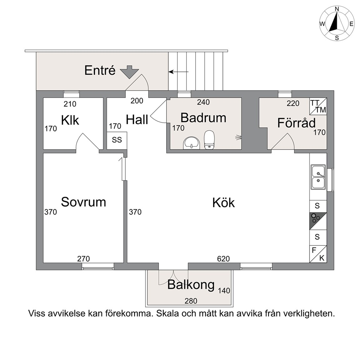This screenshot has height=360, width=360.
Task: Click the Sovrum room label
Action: point(83,202)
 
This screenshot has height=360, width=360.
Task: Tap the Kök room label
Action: point(224,202)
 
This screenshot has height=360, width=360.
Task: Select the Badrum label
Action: point(204,118)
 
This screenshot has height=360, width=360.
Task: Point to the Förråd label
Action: point(296,123)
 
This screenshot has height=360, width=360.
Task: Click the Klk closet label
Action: point(70,120)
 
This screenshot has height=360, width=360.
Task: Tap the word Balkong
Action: point(191,285)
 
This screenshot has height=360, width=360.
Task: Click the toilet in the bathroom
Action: point(209,140)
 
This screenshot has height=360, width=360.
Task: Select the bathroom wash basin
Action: point(191,143)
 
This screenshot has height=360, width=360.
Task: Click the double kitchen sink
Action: point(318,177)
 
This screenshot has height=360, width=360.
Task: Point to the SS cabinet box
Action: point(117,140)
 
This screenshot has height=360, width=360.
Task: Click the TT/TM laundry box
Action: point(318,106)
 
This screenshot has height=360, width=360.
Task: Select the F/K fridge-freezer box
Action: point(318,254)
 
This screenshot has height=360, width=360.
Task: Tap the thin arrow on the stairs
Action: point(179,72)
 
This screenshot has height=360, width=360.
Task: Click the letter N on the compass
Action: point(337,9)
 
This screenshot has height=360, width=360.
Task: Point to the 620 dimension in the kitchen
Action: point(224,259)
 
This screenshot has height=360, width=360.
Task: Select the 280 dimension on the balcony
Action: point(191,301)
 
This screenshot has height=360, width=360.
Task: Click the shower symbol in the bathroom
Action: point(238,137)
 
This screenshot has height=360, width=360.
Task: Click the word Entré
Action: point(100,70)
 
